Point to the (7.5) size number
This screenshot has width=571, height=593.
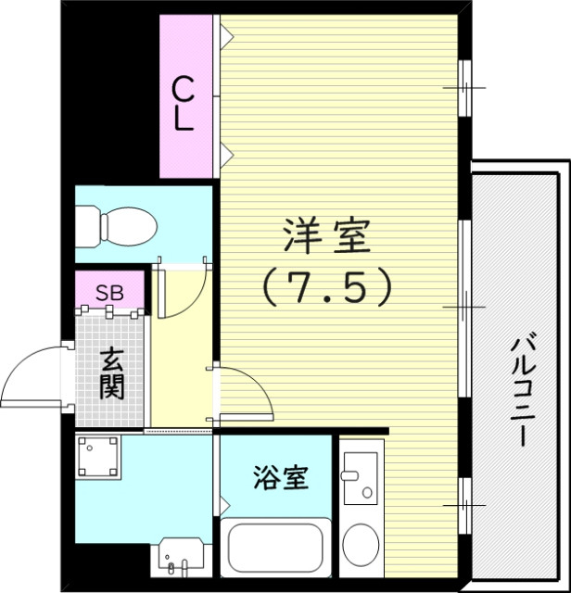pyautogui.click(x=325, y=288)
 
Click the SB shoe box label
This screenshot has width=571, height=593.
pyautogui.click(x=109, y=293)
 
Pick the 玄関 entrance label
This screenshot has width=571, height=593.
pyautogui.click(x=111, y=372)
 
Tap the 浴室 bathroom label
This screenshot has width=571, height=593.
pyautogui.click(x=280, y=478)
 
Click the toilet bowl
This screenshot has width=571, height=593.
pyautogui.click(x=121, y=225)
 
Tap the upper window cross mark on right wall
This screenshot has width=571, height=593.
pyautogui.click(x=463, y=88)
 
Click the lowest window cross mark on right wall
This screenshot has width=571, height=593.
pyautogui.click(x=463, y=506)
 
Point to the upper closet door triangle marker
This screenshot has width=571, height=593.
pyautogui.click(x=226, y=36)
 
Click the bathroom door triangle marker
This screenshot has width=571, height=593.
pyautogui.click(x=225, y=505)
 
